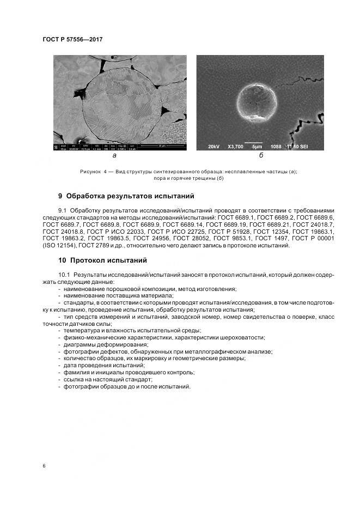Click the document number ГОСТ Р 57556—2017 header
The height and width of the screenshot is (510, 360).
coord(72,40)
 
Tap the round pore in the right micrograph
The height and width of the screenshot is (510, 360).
coord(257,104)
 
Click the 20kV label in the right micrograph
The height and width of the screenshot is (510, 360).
coord(214,147)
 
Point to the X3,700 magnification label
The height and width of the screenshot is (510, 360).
coord(235,147)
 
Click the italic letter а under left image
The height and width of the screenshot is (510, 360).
coord(114,156)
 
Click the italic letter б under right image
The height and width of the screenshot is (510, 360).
coord(261,156)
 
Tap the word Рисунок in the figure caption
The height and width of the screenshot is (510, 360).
coord(90,172)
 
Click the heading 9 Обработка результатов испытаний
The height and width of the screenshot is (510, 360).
coord(126,196)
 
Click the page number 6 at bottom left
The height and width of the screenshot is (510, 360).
coord(44,466)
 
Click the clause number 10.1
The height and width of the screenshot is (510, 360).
coord(65,275)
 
